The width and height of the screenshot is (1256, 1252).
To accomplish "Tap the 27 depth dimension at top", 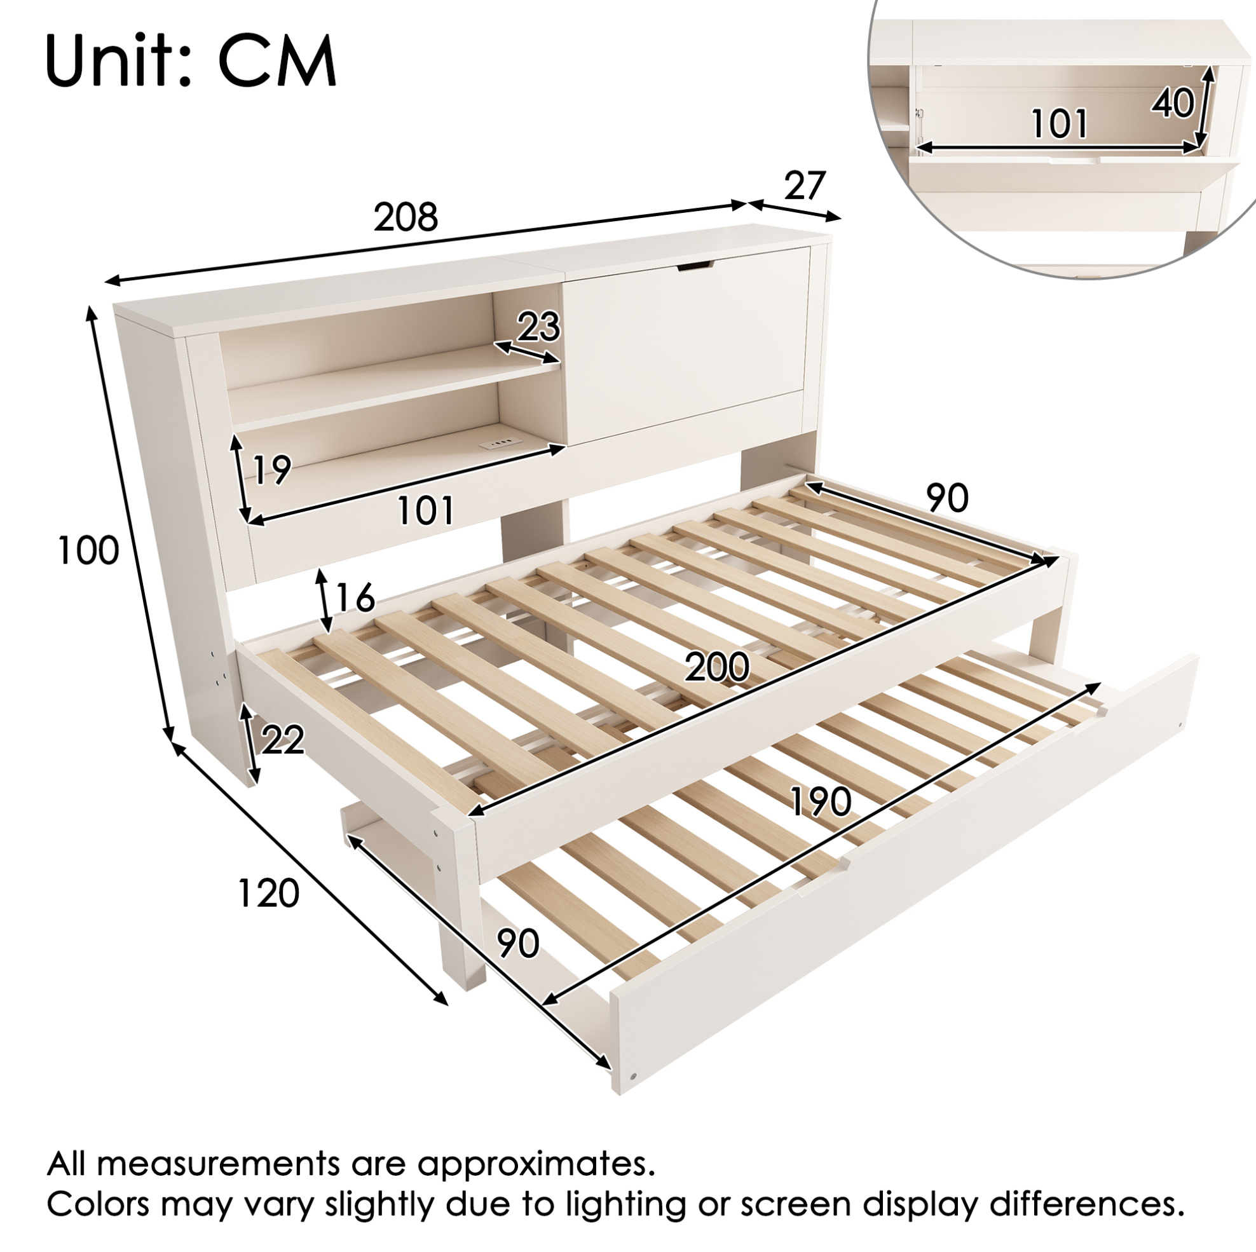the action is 804,186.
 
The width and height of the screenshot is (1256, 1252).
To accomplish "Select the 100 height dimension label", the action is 88,550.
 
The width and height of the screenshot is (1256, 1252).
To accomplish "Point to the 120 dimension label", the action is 268,892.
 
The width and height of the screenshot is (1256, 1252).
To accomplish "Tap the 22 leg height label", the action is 283,740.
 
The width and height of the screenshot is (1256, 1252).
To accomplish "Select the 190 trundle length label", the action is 820,801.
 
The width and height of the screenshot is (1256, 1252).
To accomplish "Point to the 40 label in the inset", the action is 1173,103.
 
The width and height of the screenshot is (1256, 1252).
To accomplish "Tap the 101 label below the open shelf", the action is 425,510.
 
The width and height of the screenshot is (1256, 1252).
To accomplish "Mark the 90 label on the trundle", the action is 518,942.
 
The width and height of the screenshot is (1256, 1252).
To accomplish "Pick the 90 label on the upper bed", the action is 947,498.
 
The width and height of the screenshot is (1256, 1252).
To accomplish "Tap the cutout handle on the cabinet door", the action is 693,265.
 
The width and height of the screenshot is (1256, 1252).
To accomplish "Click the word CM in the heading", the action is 277,61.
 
